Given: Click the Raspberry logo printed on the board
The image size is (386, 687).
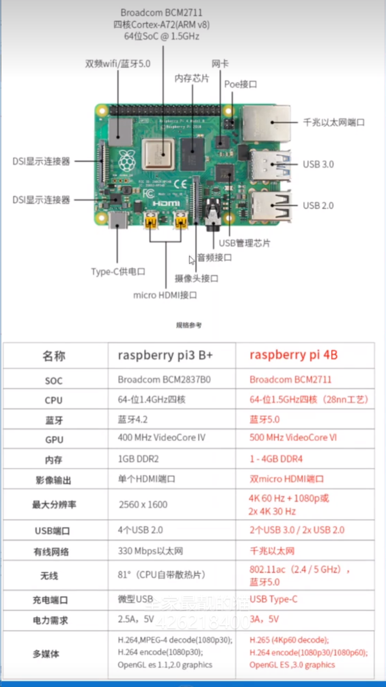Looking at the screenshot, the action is [127, 160].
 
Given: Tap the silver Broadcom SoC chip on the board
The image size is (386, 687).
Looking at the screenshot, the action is [158, 154].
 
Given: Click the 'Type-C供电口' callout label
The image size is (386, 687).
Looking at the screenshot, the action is [118, 272].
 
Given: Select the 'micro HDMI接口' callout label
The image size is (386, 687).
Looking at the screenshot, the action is [165, 295].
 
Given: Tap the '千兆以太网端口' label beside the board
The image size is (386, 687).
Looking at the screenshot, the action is [334, 122].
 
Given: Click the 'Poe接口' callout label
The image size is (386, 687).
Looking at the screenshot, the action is [241, 84].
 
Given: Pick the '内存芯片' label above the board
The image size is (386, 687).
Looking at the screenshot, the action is [192, 78].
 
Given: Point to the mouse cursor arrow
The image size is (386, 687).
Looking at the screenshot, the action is [191, 259].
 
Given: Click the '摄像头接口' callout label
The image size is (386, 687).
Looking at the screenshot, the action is [196, 278].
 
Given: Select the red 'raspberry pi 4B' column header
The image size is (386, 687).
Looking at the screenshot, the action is [293, 355].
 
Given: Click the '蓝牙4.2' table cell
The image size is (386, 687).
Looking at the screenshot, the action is [132, 419].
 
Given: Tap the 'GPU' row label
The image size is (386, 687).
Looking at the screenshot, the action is [54, 440].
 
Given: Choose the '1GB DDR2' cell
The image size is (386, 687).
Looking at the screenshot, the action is [138, 459].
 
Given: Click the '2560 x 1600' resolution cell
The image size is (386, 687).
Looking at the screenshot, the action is [143, 505].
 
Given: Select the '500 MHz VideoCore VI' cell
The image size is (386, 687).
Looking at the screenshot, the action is [293, 438].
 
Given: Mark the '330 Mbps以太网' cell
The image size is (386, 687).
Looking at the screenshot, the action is [150, 551].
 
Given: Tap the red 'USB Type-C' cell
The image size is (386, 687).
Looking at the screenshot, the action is [273, 599].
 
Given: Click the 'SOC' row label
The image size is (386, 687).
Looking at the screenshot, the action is [54, 381].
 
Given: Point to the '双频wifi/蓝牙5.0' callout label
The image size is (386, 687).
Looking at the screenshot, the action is [118, 64].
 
